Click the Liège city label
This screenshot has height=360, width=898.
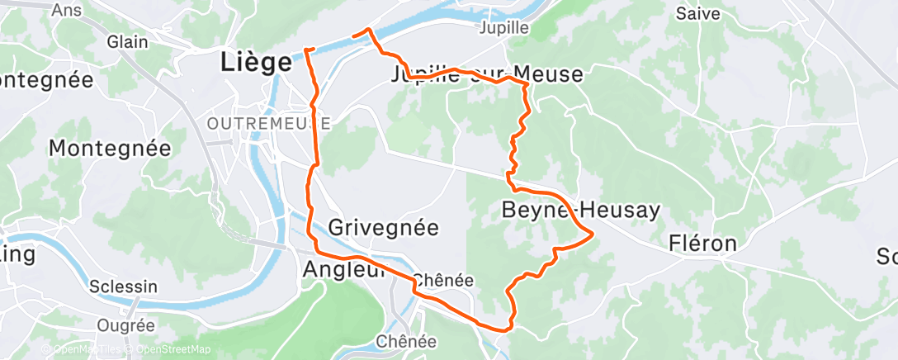(x=257, y=63)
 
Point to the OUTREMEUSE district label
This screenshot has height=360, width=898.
(x=269, y=123)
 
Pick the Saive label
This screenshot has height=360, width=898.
(x=698, y=13)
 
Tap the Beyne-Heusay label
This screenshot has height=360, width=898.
(x=581, y=211)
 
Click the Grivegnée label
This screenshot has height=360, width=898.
(x=384, y=227)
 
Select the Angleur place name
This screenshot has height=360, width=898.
(x=344, y=269)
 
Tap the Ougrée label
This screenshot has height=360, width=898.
(x=125, y=325)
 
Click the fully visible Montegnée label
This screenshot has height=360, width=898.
(x=110, y=149)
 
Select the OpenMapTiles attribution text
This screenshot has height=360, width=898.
(x=87, y=350)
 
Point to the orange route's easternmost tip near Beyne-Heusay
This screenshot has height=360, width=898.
(x=593, y=235)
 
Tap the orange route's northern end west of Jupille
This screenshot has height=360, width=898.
(x=353, y=35)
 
